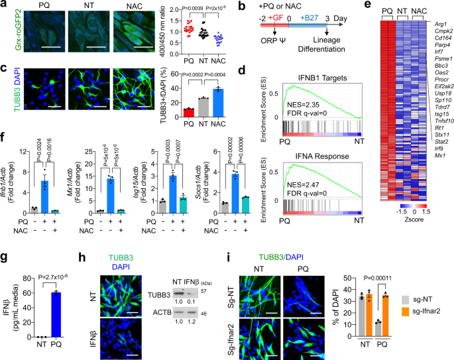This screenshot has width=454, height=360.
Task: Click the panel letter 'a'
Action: tap(5, 6)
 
